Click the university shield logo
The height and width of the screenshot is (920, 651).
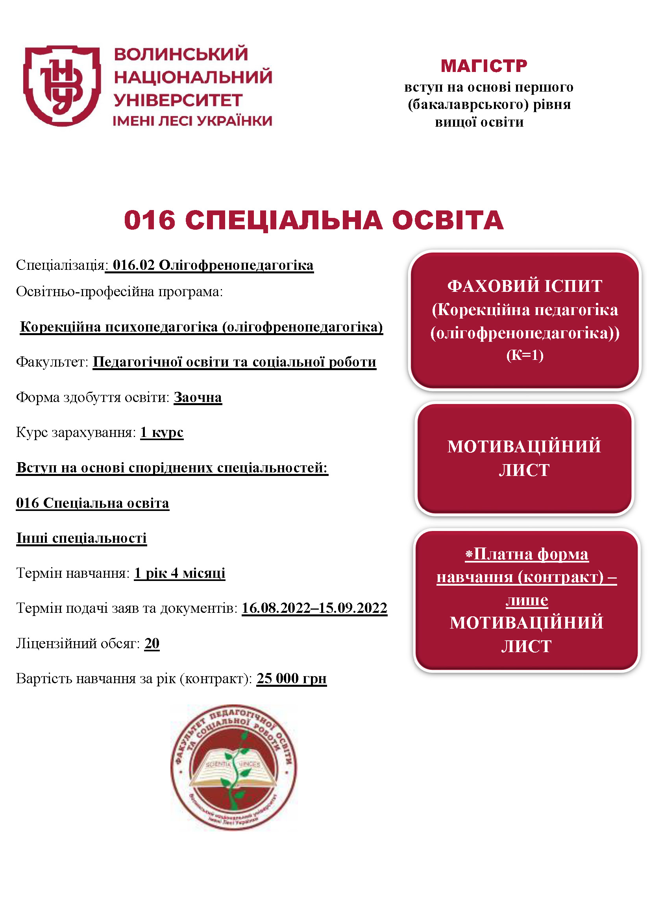(x=62, y=85)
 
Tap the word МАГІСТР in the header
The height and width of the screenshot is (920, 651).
(x=484, y=66)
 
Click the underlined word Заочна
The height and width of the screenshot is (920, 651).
(x=198, y=397)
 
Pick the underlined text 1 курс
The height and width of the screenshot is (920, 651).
(x=162, y=432)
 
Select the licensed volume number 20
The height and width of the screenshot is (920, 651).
(x=152, y=643)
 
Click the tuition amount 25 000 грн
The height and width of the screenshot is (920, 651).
(x=291, y=678)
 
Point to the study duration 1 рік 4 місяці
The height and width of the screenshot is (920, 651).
(x=179, y=573)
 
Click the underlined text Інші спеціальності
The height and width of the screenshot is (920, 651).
(x=81, y=538)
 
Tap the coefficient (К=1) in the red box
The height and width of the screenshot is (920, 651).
(x=525, y=355)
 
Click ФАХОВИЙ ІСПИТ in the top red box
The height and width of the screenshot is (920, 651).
(x=525, y=286)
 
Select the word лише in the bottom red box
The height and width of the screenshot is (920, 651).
(x=526, y=600)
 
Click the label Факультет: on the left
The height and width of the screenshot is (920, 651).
(x=52, y=362)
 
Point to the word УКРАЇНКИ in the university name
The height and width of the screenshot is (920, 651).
(x=235, y=121)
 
